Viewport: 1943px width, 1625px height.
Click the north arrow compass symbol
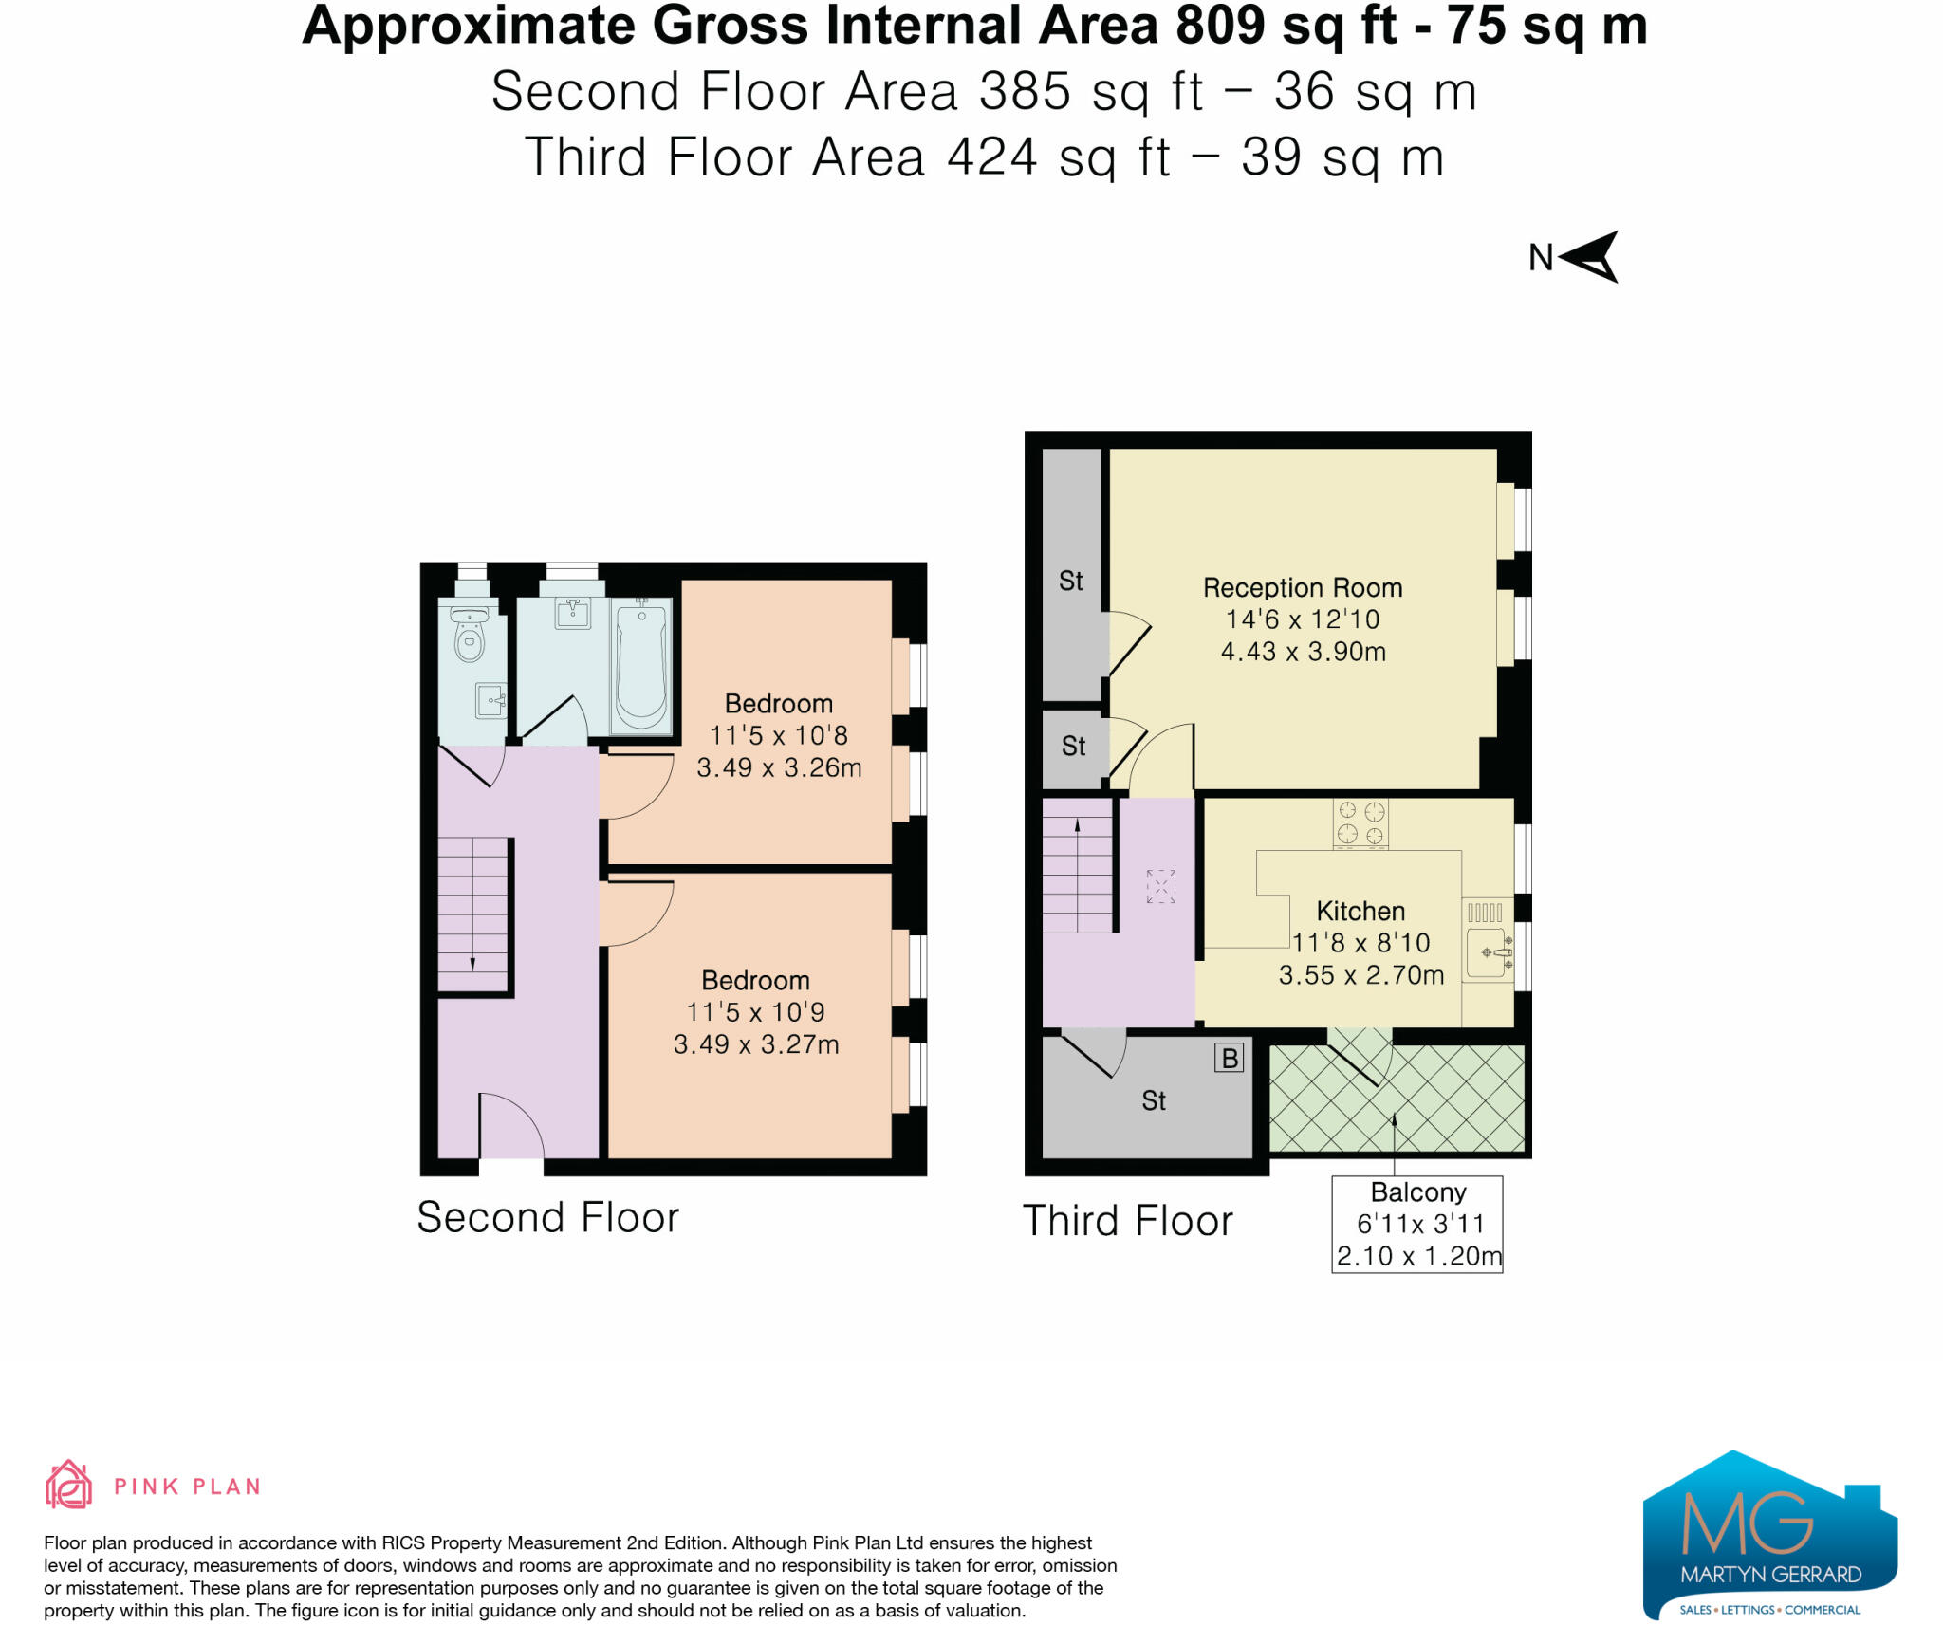1590,256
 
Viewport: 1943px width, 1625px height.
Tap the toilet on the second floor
470,635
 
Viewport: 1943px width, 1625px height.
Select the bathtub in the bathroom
641,667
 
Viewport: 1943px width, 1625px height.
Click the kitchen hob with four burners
1360,822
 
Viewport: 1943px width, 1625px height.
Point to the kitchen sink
1489,951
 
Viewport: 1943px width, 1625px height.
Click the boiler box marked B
1230,1058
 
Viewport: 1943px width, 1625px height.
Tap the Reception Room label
1303,588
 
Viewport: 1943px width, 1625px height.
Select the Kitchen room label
1360,912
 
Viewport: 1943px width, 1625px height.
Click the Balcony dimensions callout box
1417,1224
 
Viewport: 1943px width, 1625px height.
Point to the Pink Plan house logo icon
68,1485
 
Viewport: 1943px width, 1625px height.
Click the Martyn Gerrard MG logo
1769,1534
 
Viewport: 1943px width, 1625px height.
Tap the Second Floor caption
548,1217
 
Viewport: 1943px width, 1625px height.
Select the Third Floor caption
1128,1221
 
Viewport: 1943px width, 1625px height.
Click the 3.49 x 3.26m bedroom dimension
779,767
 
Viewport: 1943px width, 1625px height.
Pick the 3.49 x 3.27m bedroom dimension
756,1044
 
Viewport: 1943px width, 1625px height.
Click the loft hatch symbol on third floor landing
1161,886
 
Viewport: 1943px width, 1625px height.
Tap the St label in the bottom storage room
1154,1101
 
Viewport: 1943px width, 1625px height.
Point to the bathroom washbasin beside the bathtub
573,613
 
